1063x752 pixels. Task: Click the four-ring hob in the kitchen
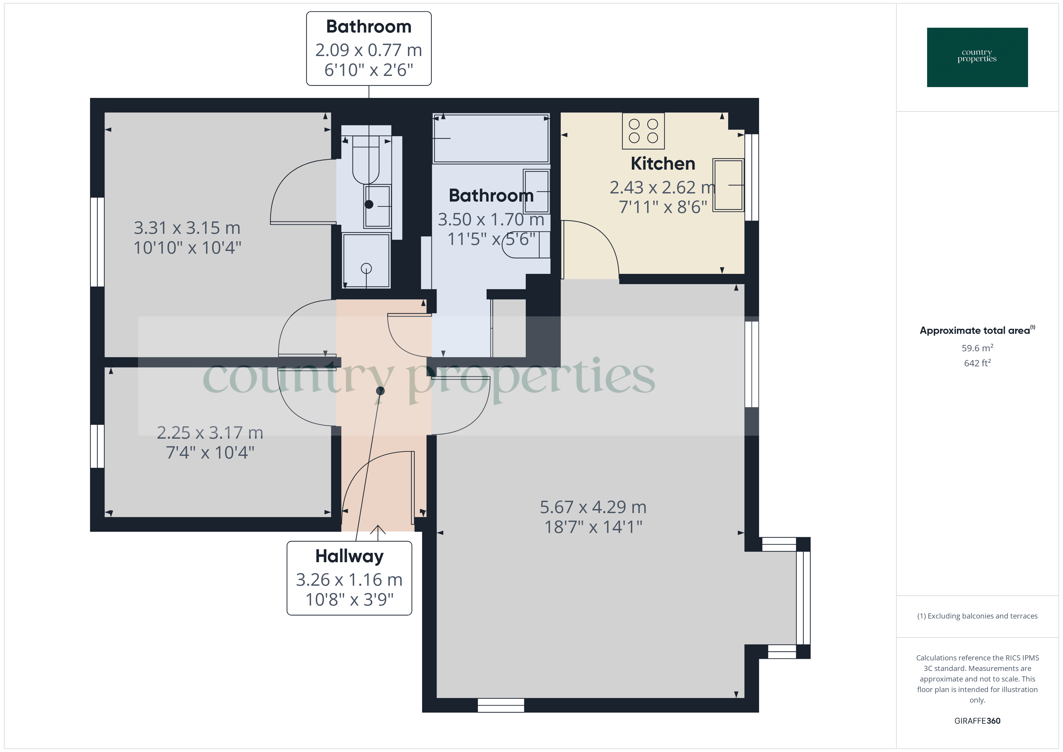[643, 131]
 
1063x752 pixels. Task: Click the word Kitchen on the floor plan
[663, 164]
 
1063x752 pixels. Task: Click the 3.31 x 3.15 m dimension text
[187, 228]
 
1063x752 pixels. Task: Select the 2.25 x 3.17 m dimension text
[210, 433]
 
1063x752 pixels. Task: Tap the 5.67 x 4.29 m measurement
[593, 507]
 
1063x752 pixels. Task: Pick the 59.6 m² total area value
[977, 348]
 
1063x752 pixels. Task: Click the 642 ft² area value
[977, 363]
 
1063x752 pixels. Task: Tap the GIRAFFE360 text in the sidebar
[977, 720]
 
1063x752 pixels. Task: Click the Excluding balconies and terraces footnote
[977, 616]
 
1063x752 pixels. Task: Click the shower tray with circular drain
[366, 261]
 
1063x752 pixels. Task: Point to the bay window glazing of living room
[806, 597]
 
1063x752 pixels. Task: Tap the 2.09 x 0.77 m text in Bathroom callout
[368, 50]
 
